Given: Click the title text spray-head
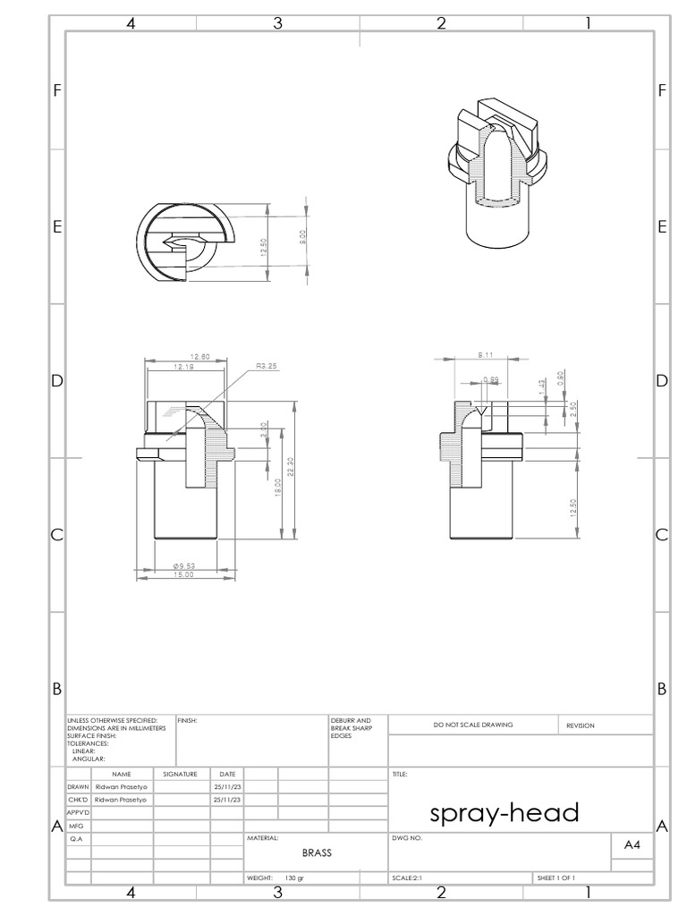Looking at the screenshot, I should pos(505,813).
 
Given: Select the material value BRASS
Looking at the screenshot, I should pos(317,853).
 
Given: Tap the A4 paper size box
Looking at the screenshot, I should pos(632,844).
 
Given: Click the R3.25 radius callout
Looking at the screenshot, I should pos(267,366).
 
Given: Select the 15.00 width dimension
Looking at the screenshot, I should pos(183,575).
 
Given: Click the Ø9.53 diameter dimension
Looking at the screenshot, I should pos(183,564).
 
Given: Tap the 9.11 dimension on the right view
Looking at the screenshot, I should pos(483,354).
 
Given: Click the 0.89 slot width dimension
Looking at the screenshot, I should pos(491,380).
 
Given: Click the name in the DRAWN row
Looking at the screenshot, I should pos(121,786).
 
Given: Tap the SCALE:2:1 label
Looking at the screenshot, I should pos(407,878).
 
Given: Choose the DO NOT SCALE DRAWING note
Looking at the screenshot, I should pos(473,725).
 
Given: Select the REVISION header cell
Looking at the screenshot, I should pos(580,725).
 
